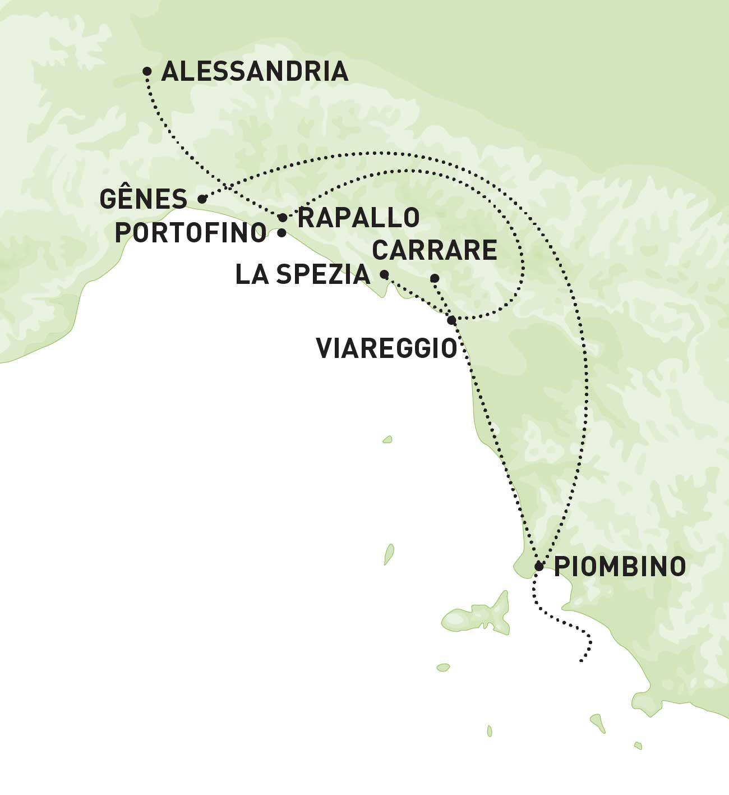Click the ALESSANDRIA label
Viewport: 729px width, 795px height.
click(x=255, y=72)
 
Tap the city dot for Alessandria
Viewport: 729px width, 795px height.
click(x=147, y=71)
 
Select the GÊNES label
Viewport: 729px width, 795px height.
click(x=144, y=199)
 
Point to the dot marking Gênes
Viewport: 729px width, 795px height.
click(x=202, y=199)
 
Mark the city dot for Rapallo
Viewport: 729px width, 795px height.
click(x=283, y=217)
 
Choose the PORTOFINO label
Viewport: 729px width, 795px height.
click(x=191, y=233)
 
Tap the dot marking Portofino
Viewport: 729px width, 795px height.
click(x=282, y=232)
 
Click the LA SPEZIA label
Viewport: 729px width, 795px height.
click(x=303, y=275)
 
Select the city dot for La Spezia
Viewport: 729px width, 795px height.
click(x=385, y=274)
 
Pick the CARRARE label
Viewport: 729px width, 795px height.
click(x=435, y=250)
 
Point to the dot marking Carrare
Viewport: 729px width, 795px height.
click(x=434, y=278)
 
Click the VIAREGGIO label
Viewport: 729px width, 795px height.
click(x=387, y=348)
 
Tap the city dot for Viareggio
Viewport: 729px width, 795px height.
click(x=451, y=320)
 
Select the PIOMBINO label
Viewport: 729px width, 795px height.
click(x=620, y=567)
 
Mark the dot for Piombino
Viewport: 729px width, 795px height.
click(x=539, y=566)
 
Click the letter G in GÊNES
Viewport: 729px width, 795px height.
click(x=108, y=199)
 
